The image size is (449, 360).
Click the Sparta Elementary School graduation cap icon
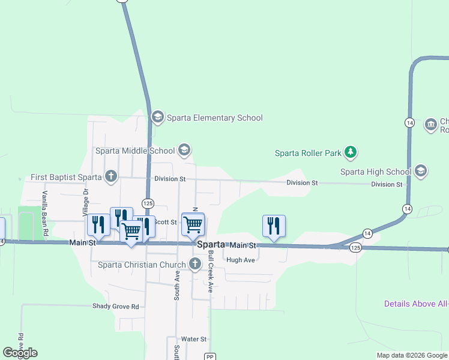click(158, 116)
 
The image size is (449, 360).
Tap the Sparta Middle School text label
click(135, 151)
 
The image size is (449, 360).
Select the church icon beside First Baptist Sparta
click(110, 176)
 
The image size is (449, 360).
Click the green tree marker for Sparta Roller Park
click(351, 153)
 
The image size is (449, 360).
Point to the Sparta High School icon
click(421, 172)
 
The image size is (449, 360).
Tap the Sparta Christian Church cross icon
click(194, 264)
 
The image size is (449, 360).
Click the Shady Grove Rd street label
click(116, 306)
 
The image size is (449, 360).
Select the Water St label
click(194, 339)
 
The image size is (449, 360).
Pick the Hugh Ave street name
click(241, 260)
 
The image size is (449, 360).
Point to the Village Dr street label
click(85, 203)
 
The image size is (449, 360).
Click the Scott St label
click(165, 222)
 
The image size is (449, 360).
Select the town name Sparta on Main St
click(211, 245)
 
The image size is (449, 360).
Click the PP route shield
click(209, 356)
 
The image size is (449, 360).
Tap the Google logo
click(20, 353)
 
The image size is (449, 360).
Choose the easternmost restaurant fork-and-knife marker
click(274, 226)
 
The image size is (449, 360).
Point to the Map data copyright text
click(411, 355)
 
